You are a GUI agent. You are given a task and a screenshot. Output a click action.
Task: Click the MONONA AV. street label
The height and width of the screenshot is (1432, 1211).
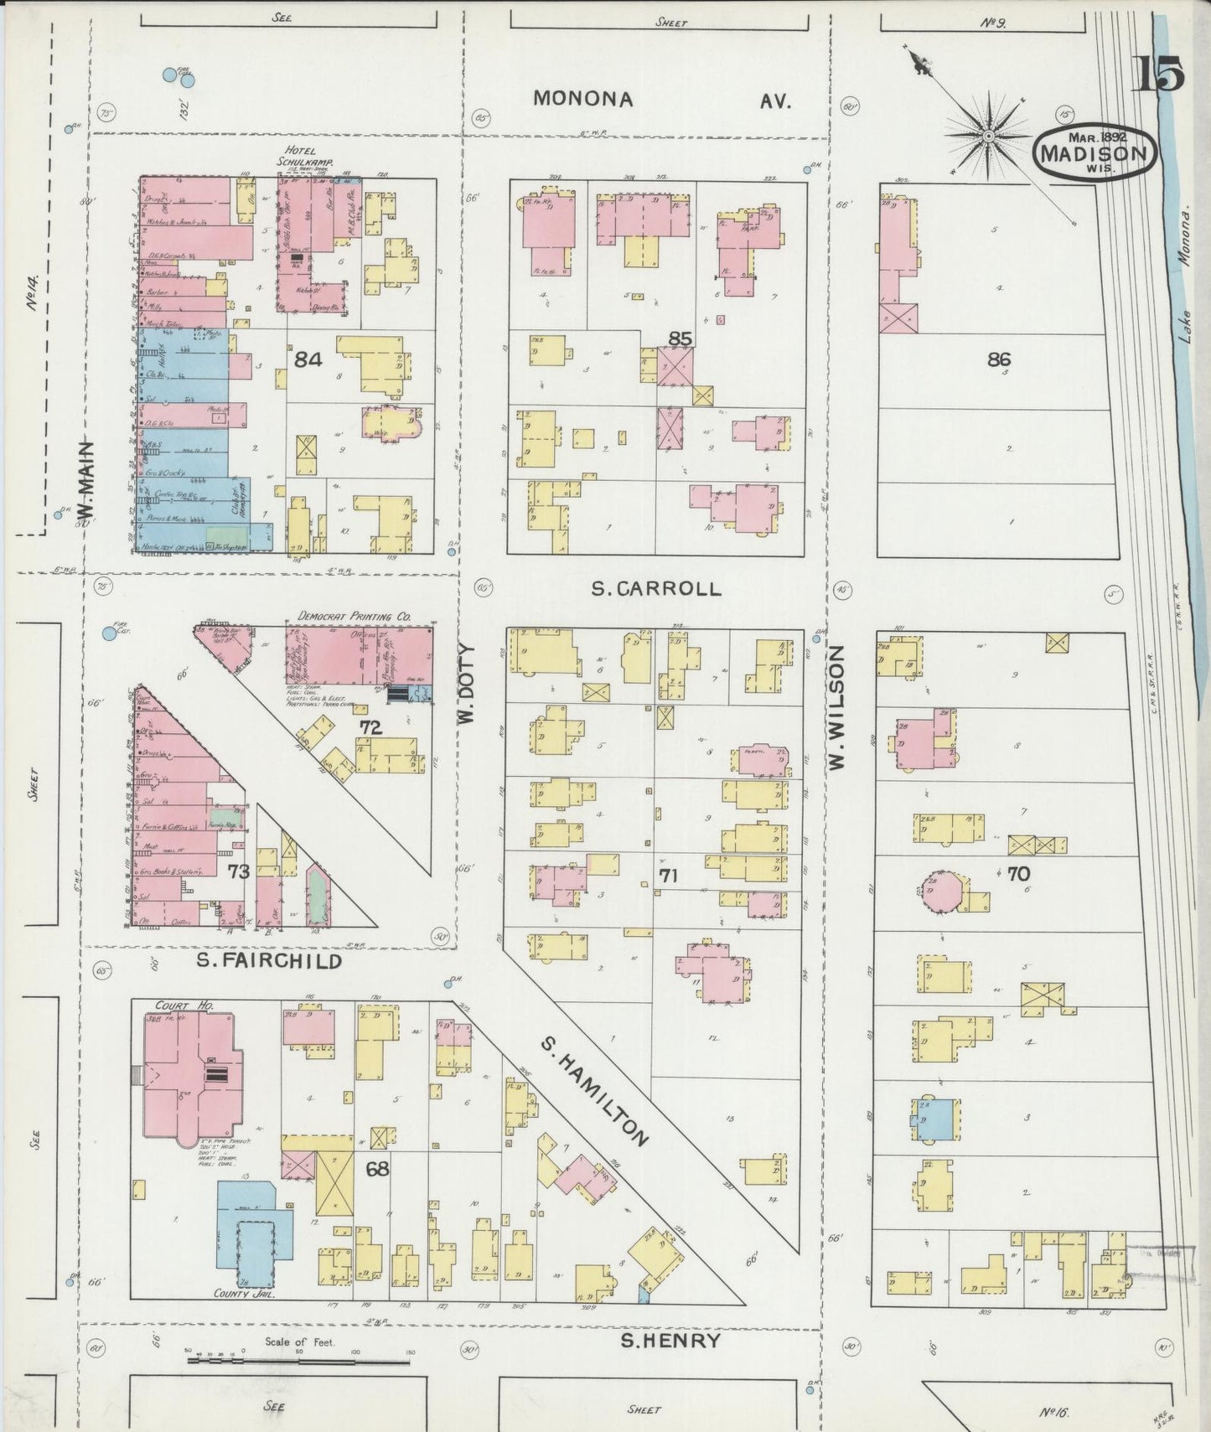[662, 100]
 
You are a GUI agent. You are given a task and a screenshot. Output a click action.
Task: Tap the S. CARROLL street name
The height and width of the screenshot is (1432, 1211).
[655, 588]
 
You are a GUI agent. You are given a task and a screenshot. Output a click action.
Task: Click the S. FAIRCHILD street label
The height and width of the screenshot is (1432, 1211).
[269, 961]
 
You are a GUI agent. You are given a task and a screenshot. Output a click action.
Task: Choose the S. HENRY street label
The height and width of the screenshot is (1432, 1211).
[670, 1341]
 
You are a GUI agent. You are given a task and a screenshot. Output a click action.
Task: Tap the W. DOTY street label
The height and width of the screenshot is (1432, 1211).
[466, 684]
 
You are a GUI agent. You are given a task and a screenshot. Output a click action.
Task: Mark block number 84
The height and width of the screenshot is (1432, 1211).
[308, 359]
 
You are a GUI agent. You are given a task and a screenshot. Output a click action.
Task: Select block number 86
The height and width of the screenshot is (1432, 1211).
[998, 359]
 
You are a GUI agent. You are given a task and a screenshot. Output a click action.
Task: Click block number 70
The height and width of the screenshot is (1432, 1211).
[1017, 874]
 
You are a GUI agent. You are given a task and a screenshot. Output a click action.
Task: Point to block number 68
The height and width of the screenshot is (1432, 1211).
[377, 1168]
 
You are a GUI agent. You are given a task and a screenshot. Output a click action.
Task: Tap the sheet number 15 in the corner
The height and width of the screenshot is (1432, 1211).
[1159, 75]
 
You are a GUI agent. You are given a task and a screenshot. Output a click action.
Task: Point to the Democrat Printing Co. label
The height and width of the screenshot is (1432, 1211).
[355, 616]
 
